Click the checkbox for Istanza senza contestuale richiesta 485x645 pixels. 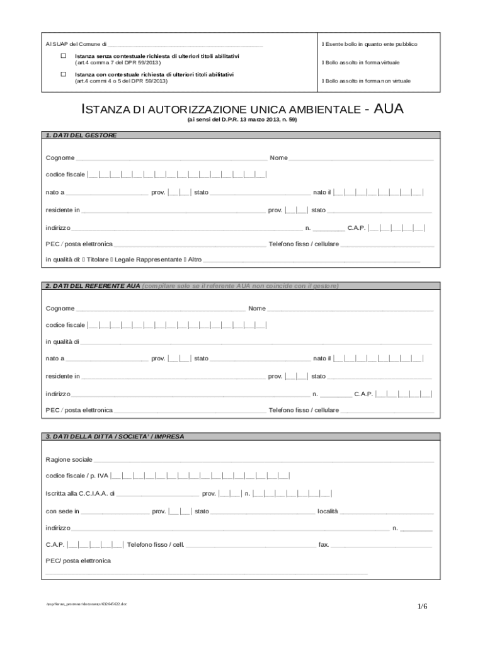[64, 56]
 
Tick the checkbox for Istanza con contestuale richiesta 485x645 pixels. [64, 74]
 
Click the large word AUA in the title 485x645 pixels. [389, 110]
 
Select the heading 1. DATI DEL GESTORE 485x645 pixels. [81, 135]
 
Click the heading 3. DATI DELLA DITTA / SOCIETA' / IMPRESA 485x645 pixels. [115, 436]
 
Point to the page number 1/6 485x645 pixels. [422, 606]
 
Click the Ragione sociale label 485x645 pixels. [69, 459]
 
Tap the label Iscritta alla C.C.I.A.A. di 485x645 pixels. [80, 494]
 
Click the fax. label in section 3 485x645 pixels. [324, 544]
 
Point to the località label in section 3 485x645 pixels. [328, 511]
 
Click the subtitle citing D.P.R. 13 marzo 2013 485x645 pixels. [242, 119]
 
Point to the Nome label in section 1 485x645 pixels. [278, 157]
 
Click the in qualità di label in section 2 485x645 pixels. [62, 342]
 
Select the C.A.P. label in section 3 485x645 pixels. [55, 544]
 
